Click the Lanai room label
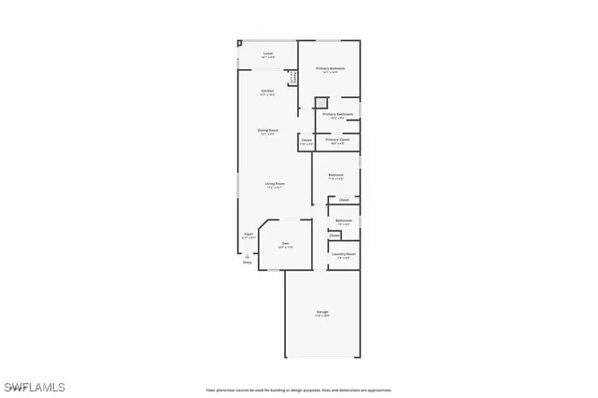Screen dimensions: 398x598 (x=267, y=54)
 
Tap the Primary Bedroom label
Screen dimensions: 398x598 (x=330, y=69)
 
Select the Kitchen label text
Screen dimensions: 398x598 (x=267, y=92)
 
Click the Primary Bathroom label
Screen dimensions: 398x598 (x=338, y=115)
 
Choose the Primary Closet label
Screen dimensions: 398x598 (x=337, y=140)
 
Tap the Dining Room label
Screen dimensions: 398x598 (x=267, y=131)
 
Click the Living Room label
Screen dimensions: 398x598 (x=274, y=184)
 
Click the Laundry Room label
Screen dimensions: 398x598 (x=344, y=253)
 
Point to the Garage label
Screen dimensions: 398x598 (x=321, y=312)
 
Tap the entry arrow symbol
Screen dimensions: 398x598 (x=247, y=255)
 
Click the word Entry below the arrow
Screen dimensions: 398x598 (x=247, y=263)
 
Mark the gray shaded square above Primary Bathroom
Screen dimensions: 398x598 (x=320, y=102)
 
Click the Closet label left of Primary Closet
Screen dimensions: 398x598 (x=306, y=141)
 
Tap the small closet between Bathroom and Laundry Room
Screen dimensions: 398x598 (x=335, y=235)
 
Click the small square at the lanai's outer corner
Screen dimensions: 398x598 (x=239, y=42)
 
